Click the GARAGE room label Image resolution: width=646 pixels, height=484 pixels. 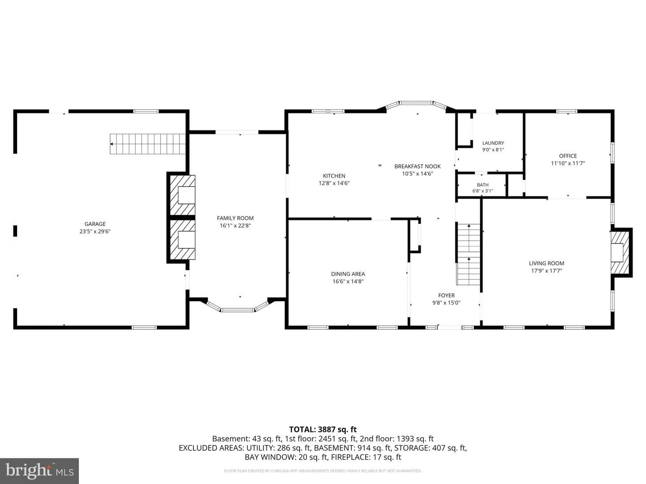point(95,224)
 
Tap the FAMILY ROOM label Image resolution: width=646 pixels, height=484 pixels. point(235,218)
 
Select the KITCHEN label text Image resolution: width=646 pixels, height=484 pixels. point(334,176)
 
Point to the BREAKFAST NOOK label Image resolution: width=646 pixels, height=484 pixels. point(418,166)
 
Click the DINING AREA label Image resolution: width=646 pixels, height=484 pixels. point(348,274)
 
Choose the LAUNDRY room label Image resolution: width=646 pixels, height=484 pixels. point(493,143)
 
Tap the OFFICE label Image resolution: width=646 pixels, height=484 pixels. point(568,156)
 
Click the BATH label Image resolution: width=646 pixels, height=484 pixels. point(483,185)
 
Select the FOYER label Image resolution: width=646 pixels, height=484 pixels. point(446,295)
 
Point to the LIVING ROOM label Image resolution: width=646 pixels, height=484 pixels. point(546,264)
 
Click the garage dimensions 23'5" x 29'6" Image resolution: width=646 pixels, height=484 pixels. point(95,231)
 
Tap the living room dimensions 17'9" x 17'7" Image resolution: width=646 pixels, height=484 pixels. point(546,271)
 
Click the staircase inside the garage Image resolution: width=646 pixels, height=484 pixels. point(148,144)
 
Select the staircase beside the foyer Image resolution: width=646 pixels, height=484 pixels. point(468,254)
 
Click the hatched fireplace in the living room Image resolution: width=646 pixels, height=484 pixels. point(620,253)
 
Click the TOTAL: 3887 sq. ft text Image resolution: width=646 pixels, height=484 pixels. point(323,429)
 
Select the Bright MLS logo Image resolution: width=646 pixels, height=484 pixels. point(39,471)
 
